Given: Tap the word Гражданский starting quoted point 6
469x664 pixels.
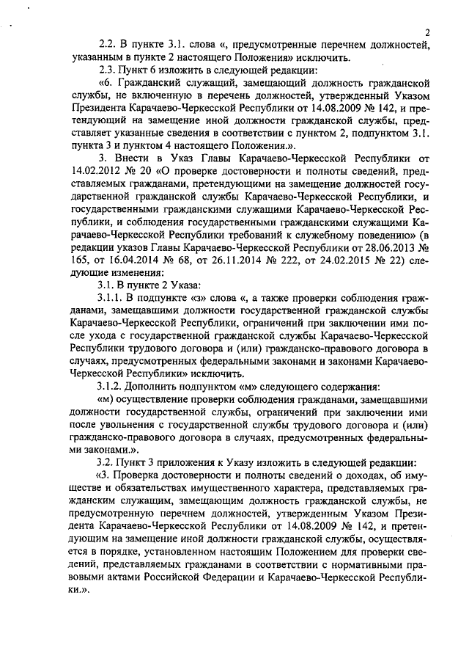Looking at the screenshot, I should click(156, 84).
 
